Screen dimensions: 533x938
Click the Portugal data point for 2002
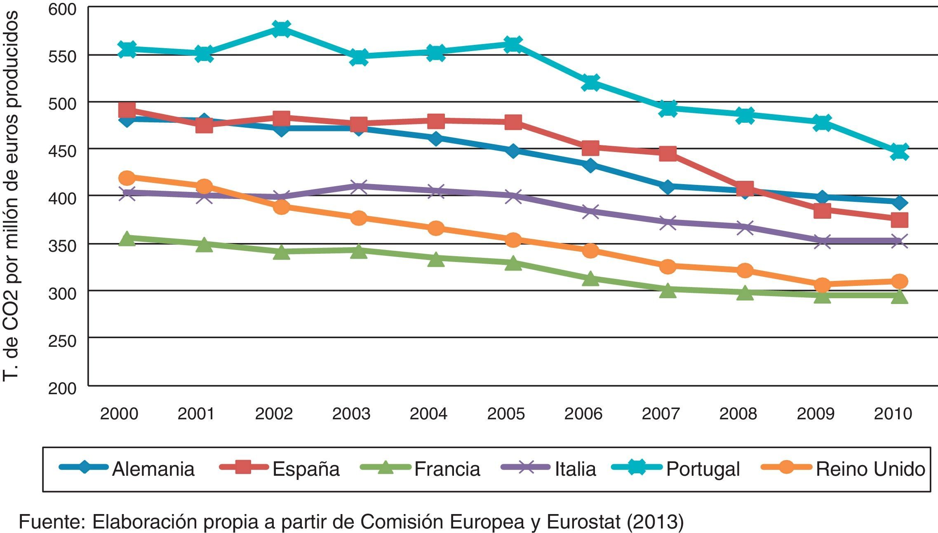[281, 29]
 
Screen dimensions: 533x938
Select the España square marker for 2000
[127, 110]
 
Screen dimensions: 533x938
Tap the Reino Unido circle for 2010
[899, 282]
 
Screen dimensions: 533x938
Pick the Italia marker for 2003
[359, 187]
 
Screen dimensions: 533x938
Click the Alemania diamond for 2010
[899, 203]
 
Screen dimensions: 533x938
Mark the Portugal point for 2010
[899, 152]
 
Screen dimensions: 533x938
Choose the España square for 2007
[668, 154]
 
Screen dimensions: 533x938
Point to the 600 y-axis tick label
[62, 9]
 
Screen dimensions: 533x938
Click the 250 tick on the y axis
[62, 341]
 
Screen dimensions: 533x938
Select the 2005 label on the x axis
[505, 414]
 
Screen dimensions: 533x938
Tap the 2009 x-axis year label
[815, 414]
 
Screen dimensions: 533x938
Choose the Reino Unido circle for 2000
[127, 178]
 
